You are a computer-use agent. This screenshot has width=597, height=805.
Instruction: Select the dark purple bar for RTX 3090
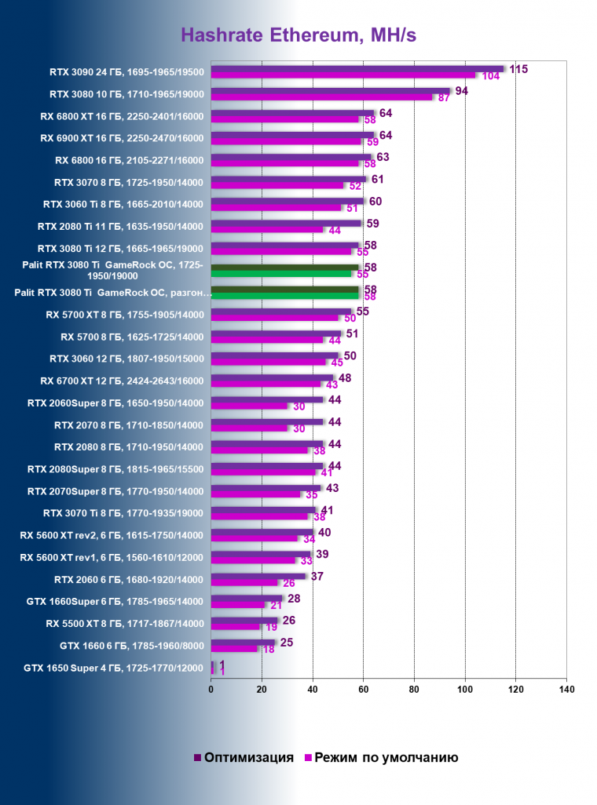tap(357, 69)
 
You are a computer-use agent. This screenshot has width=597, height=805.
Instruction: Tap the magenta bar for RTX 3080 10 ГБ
tap(321, 97)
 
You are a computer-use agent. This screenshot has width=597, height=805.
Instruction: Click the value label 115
tap(518, 69)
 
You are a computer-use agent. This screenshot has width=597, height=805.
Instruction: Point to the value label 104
tap(492, 76)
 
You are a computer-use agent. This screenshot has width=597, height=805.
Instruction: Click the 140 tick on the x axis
tap(566, 690)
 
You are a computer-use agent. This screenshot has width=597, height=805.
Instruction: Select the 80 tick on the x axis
tap(414, 690)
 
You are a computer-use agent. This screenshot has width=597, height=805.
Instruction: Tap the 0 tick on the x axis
tap(211, 690)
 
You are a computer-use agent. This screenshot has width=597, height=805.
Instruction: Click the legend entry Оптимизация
tap(243, 757)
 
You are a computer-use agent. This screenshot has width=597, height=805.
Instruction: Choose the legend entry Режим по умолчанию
tap(380, 757)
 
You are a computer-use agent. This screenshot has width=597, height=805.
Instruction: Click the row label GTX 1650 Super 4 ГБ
tap(114, 668)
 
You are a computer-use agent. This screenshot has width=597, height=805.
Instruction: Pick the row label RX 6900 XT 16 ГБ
tap(122, 138)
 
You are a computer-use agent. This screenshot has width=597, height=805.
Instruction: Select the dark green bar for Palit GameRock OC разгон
tap(284, 290)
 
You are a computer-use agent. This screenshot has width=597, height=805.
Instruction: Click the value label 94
tap(462, 92)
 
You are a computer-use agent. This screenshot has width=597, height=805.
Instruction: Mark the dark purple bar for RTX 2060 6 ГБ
tap(258, 577)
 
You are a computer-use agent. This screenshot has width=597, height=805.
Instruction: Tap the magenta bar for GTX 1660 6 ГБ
tap(234, 649)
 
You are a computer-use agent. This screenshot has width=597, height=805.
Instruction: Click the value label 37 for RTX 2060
tap(317, 577)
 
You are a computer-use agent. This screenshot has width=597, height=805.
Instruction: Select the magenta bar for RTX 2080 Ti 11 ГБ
tap(267, 230)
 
